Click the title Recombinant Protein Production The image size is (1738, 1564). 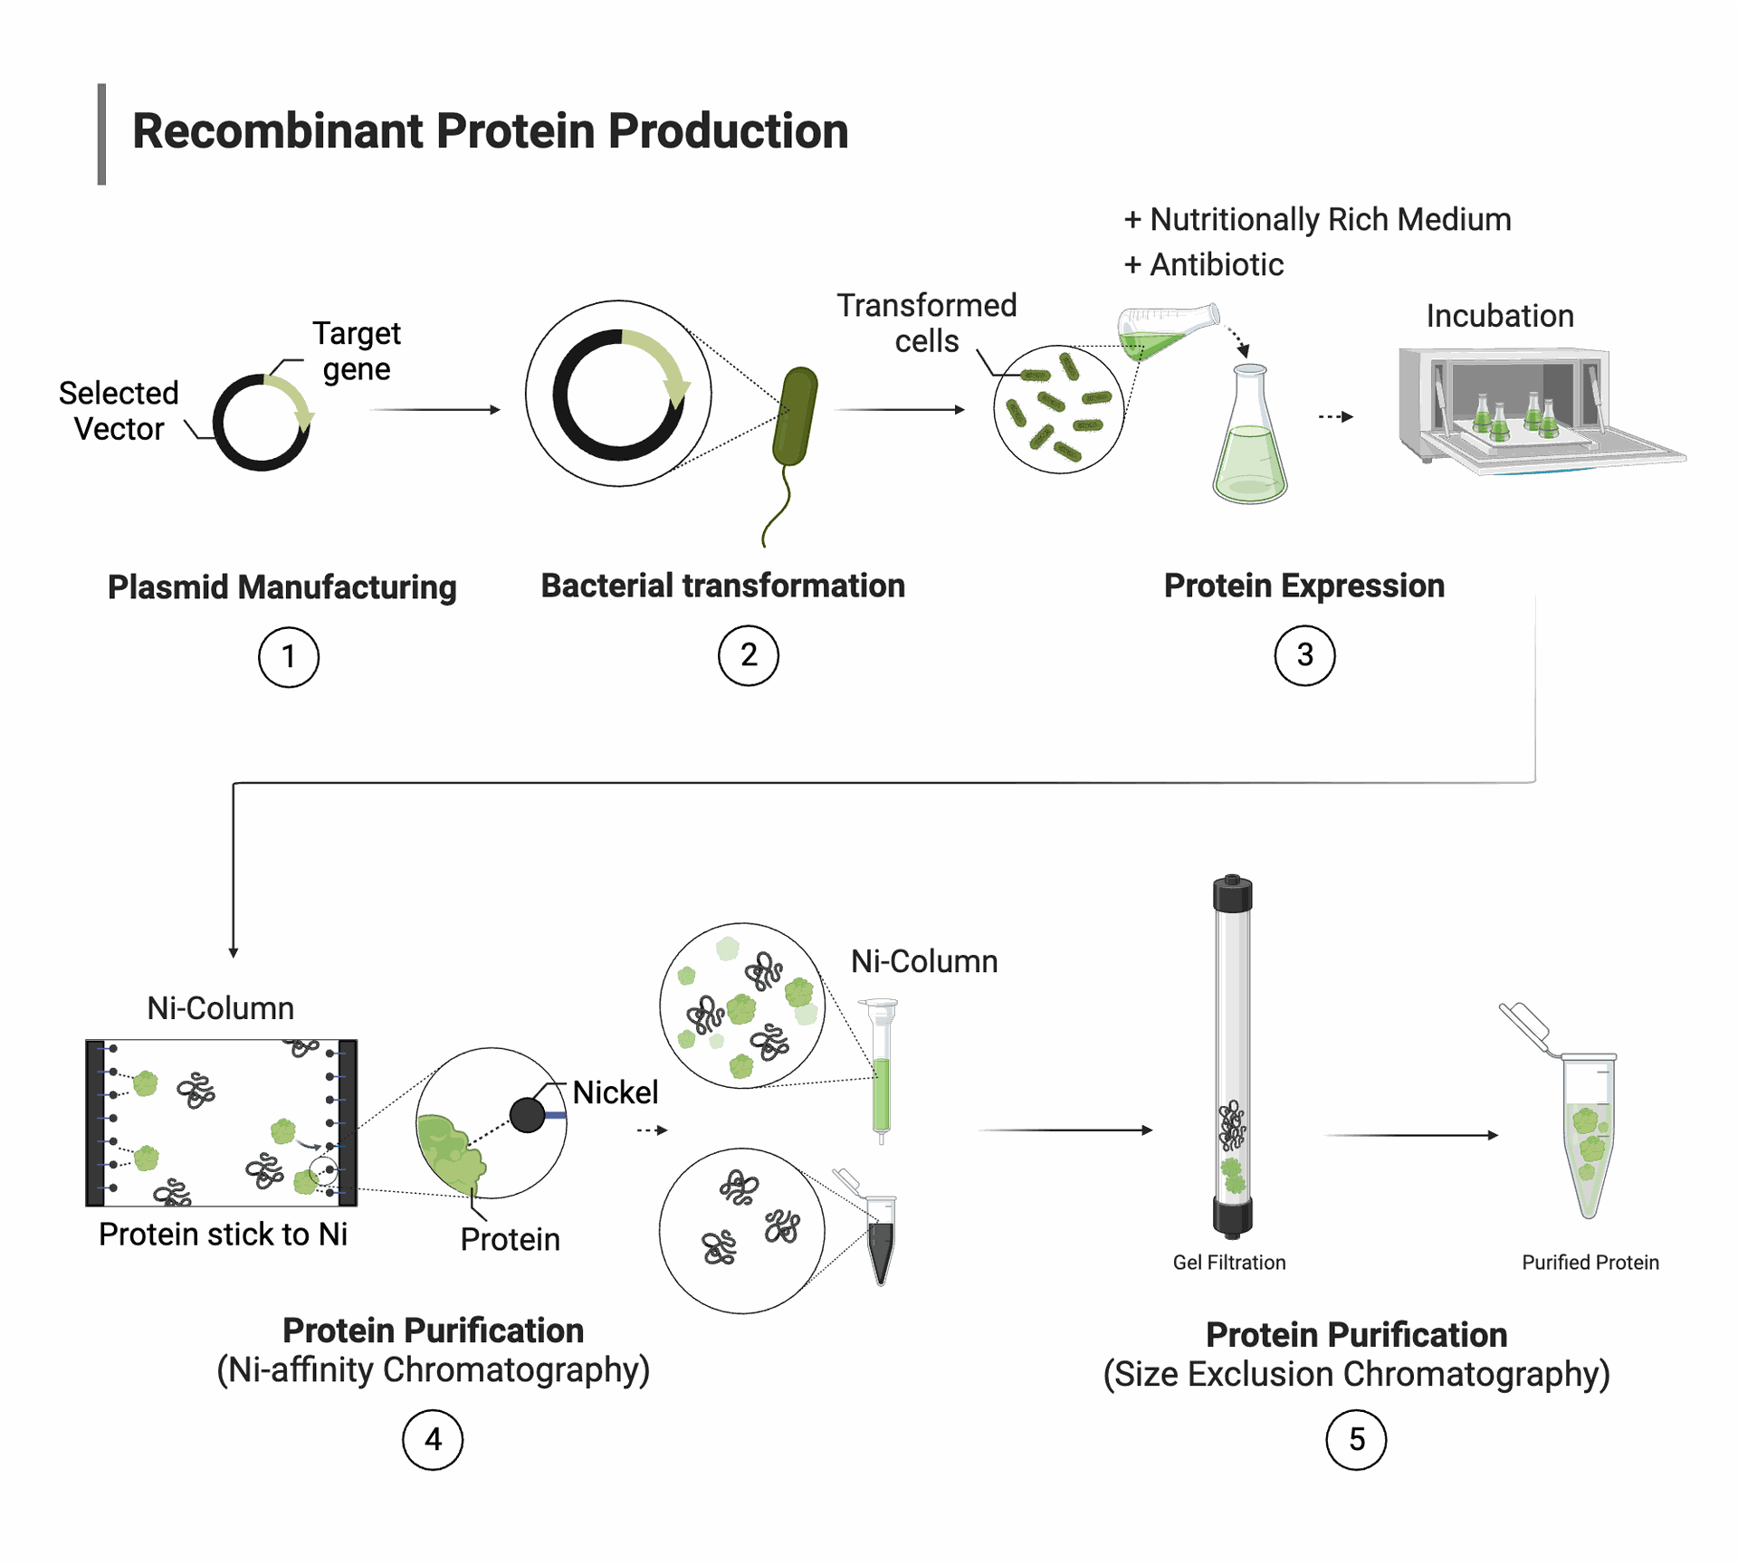tap(490, 131)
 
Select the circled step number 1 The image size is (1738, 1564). tap(289, 657)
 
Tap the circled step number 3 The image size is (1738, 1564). tap(1304, 655)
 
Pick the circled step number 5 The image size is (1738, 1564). tap(1356, 1440)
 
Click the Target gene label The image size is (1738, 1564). tap(357, 351)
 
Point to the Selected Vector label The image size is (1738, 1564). tap(119, 411)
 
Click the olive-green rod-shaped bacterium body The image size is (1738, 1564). tap(795, 416)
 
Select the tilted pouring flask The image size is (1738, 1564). tap(1168, 331)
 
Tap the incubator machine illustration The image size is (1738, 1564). tap(1541, 411)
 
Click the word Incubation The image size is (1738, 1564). tap(1500, 316)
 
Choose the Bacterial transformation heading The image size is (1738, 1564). tap(722, 586)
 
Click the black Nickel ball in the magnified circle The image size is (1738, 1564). tap(527, 1115)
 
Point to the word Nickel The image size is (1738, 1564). tap(615, 1092)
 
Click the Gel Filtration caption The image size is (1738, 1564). tap(1228, 1263)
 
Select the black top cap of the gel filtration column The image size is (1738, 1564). tap(1232, 893)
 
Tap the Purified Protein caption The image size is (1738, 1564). tap(1590, 1263)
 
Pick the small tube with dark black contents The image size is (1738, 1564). tap(880, 1240)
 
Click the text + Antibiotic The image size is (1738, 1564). tap(1203, 264)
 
